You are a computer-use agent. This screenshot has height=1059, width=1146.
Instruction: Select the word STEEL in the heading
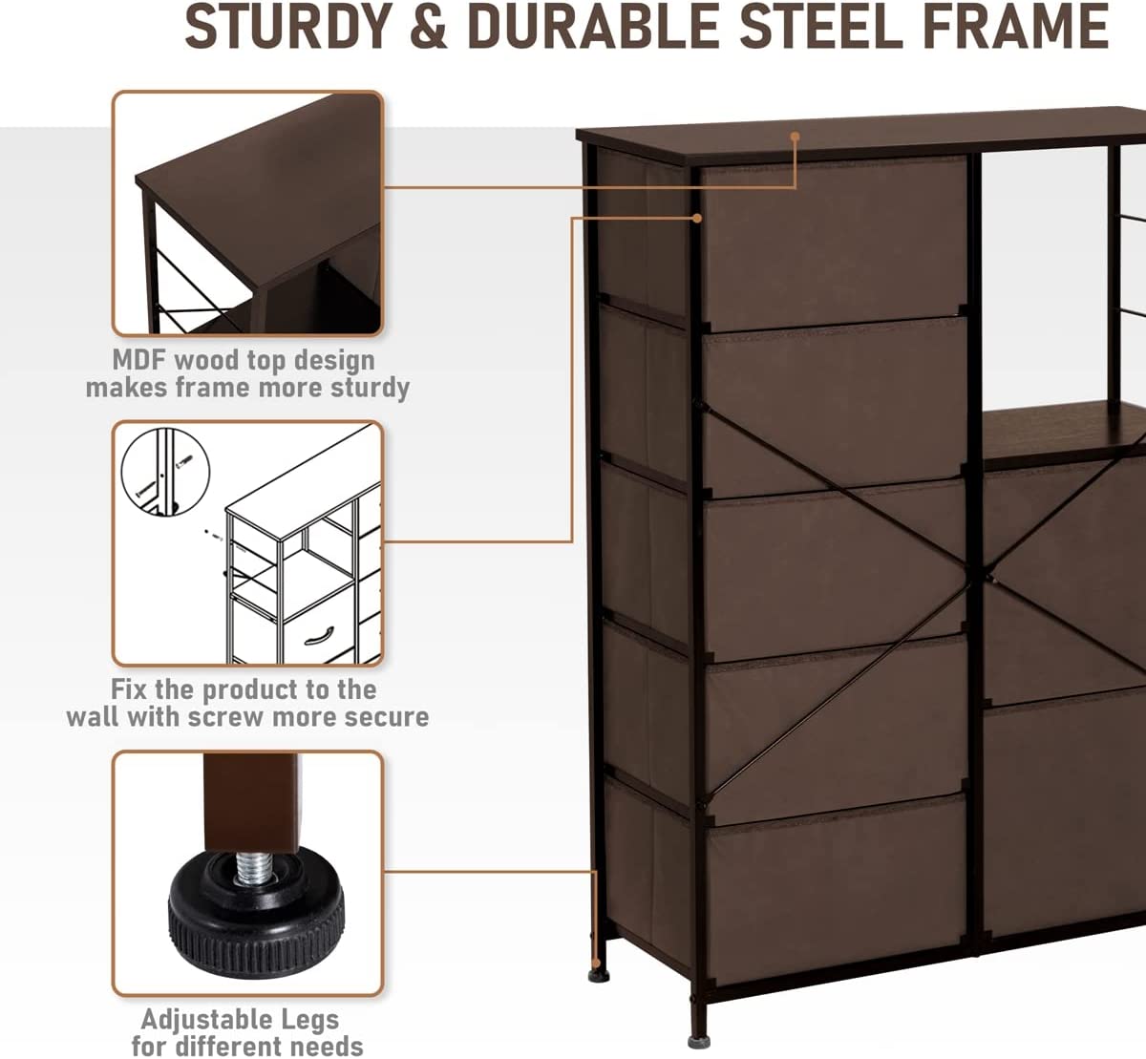point(820,26)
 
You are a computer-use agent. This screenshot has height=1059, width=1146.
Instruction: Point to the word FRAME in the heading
point(1015,26)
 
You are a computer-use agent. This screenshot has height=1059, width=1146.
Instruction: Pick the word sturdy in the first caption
point(370,389)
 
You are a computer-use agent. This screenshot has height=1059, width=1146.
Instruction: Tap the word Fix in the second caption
point(130,689)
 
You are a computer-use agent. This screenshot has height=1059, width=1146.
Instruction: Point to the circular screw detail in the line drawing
point(165,472)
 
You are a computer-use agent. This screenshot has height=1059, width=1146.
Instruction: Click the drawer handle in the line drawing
point(319,634)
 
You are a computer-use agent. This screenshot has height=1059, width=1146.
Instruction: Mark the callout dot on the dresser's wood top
point(796,137)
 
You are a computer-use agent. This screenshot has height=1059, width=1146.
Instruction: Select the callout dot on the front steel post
point(697,218)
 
